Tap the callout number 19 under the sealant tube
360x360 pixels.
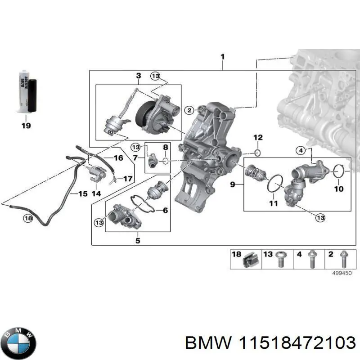point(26,126)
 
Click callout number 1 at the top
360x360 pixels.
point(222,57)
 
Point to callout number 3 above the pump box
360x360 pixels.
point(139,76)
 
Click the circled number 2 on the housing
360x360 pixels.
point(189,110)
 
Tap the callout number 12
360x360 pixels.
point(257,137)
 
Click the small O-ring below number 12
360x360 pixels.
point(257,153)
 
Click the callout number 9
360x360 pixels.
point(232,184)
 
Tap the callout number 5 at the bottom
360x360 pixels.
point(138,241)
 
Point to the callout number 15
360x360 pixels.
point(82,194)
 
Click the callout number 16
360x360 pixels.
point(118,158)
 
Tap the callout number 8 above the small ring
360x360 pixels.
point(166,148)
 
